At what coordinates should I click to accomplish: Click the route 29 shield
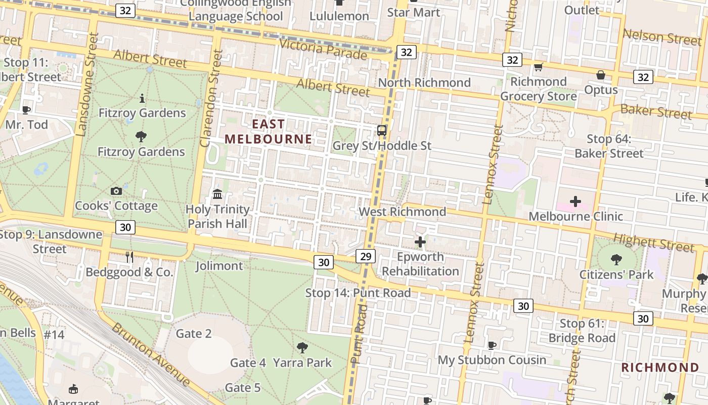click(x=366, y=256)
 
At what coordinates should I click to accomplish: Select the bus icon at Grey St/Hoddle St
click(x=382, y=131)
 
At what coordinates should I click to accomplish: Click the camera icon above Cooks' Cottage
click(x=116, y=191)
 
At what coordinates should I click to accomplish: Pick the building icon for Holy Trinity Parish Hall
click(x=217, y=194)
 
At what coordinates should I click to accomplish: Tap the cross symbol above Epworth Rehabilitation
click(x=420, y=242)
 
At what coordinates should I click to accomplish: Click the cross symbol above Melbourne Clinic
click(x=576, y=201)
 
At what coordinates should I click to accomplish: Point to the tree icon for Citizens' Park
click(x=616, y=260)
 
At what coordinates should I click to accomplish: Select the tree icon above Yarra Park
click(x=302, y=347)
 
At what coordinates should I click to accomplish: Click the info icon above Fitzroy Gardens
click(x=142, y=98)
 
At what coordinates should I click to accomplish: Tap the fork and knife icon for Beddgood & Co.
click(x=129, y=257)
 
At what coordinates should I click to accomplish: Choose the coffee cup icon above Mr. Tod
click(x=26, y=109)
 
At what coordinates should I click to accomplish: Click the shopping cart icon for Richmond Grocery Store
click(x=538, y=67)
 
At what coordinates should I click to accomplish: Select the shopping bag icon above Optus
click(x=601, y=75)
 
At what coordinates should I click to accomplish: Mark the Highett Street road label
click(x=653, y=243)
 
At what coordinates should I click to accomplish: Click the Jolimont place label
click(x=219, y=266)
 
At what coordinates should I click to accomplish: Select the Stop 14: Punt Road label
click(x=358, y=293)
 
